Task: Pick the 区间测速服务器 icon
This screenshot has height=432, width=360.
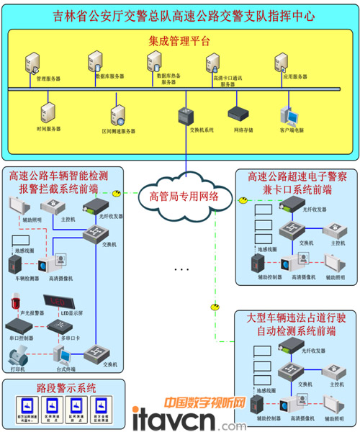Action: pos(118,116)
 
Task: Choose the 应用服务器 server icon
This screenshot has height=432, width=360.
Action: pos(282,63)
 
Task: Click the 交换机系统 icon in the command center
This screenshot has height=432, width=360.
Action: pos(186,115)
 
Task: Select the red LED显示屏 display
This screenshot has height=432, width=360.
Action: pos(60,302)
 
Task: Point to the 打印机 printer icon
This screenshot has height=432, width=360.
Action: pos(18,356)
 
